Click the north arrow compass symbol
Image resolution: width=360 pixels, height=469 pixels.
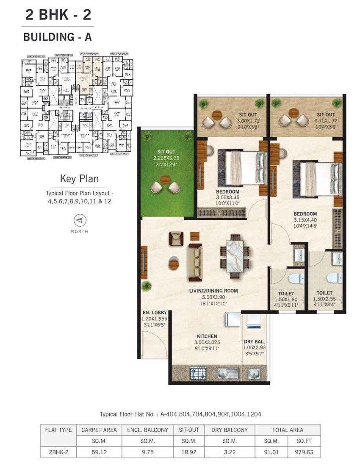[79, 220]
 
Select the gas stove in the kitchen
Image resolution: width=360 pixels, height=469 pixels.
[198, 373]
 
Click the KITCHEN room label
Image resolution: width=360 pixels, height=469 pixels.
[206, 336]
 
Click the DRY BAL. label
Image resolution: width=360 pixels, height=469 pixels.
[254, 342]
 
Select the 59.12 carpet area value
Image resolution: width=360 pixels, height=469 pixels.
[99, 452]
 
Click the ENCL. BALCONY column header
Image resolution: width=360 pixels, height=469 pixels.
[147, 430]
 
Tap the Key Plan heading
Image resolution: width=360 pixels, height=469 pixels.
[79, 178]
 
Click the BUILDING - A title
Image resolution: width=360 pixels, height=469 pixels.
[57, 37]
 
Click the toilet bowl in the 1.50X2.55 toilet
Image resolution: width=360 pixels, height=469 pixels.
[333, 278]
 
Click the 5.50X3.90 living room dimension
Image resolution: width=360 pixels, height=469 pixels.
[213, 297]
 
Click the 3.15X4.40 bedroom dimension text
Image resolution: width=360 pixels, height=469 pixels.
[305, 220]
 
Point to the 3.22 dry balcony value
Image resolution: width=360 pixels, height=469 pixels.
[229, 452]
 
